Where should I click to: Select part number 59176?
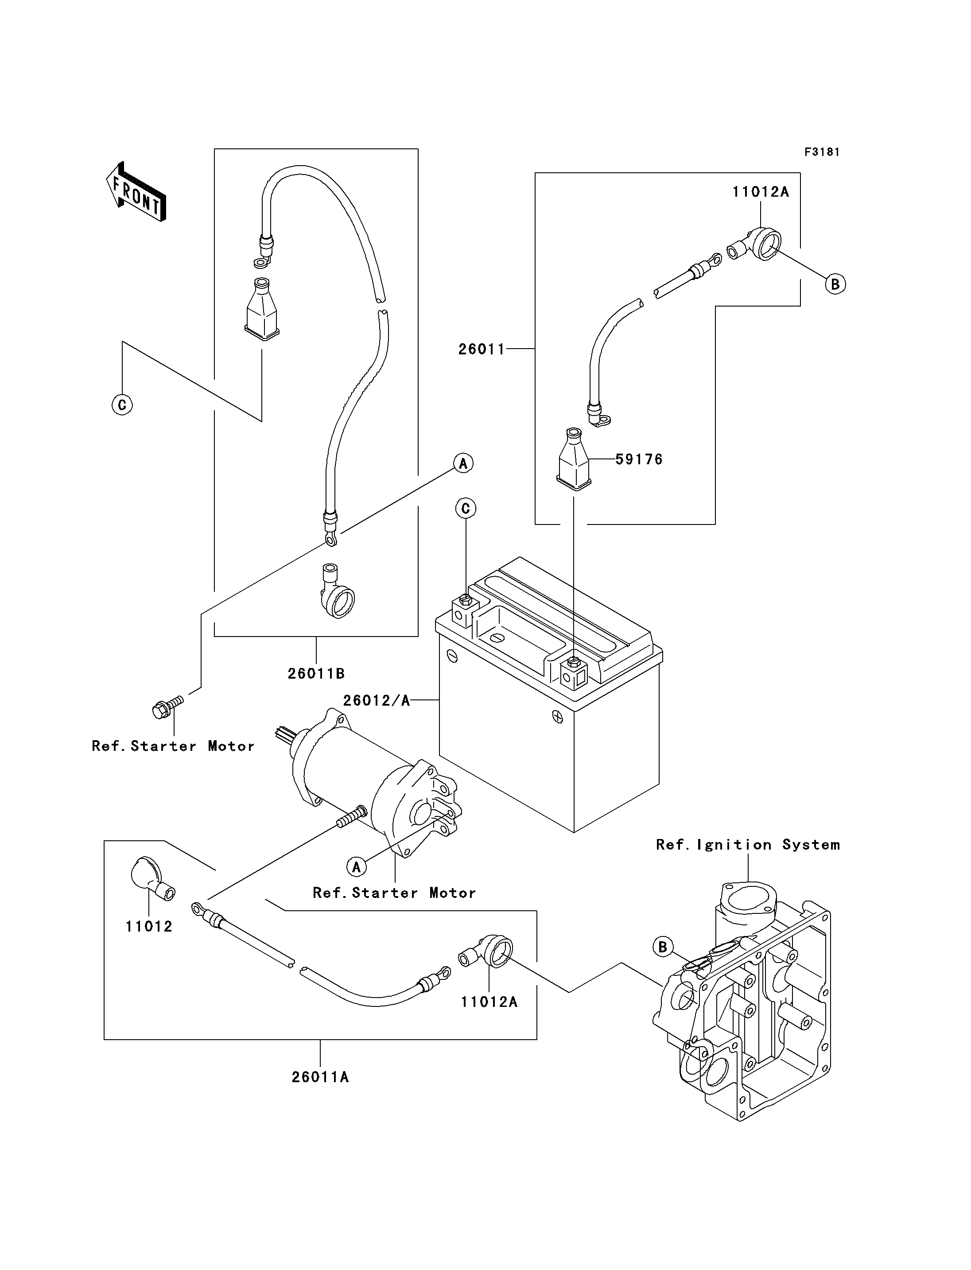[639, 459]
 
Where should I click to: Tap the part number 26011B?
[316, 673]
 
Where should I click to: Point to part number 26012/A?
[376, 701]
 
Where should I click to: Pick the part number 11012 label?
[149, 927]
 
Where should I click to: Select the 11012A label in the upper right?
[761, 192]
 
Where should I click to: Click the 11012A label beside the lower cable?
[489, 1002]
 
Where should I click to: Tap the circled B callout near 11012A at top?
[835, 284]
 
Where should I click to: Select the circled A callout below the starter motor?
[357, 867]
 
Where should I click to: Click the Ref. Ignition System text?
[748, 845]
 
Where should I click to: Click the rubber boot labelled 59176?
[574, 459]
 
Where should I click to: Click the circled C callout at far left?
[122, 404]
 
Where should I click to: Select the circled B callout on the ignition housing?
[663, 947]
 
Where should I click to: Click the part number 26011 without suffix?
[482, 349]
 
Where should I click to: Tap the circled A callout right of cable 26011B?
[463, 463]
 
